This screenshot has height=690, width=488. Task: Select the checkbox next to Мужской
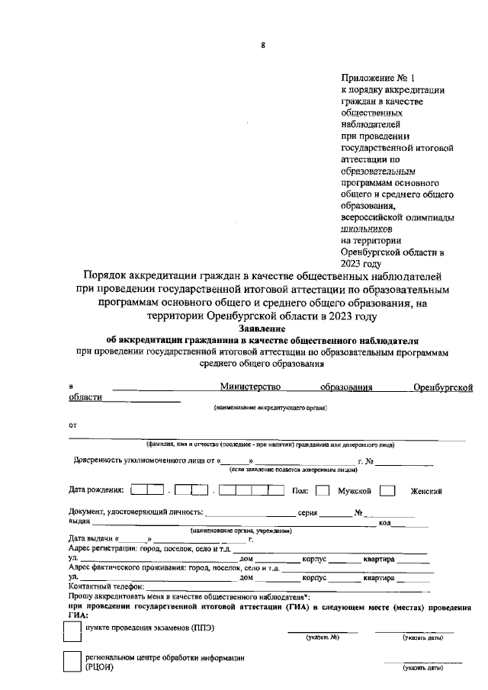323,490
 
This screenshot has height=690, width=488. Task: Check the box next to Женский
387,490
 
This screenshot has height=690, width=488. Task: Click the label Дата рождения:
96,489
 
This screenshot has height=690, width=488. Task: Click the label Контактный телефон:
106,586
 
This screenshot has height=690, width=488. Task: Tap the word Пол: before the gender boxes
300,489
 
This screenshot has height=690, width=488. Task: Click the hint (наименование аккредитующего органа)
270,409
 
